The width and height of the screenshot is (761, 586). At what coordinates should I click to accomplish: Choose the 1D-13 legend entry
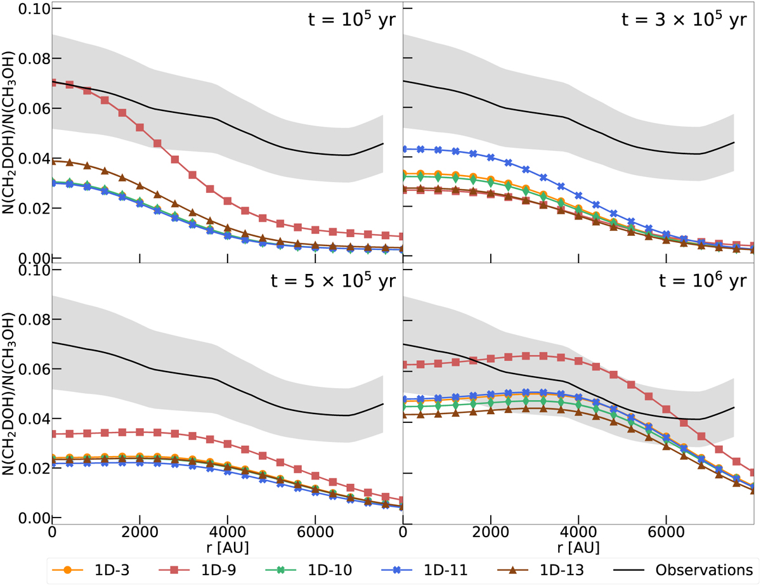pos(573,567)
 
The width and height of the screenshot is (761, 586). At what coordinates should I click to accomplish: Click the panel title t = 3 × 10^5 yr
pos(684,20)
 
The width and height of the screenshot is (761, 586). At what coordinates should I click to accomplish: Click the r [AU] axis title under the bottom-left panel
pos(226,545)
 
